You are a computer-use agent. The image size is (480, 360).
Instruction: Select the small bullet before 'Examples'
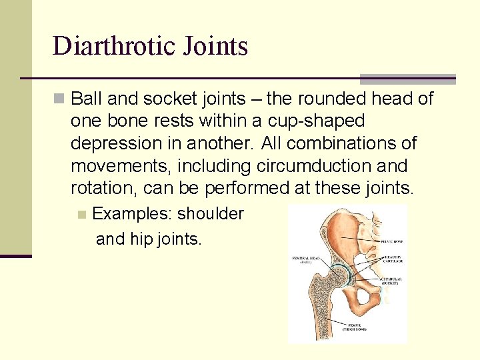click(82, 215)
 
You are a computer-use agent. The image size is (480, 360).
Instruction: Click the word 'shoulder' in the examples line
click(211, 214)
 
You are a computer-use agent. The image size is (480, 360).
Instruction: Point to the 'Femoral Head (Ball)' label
click(303, 259)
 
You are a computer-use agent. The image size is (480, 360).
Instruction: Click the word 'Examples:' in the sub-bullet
click(131, 214)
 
